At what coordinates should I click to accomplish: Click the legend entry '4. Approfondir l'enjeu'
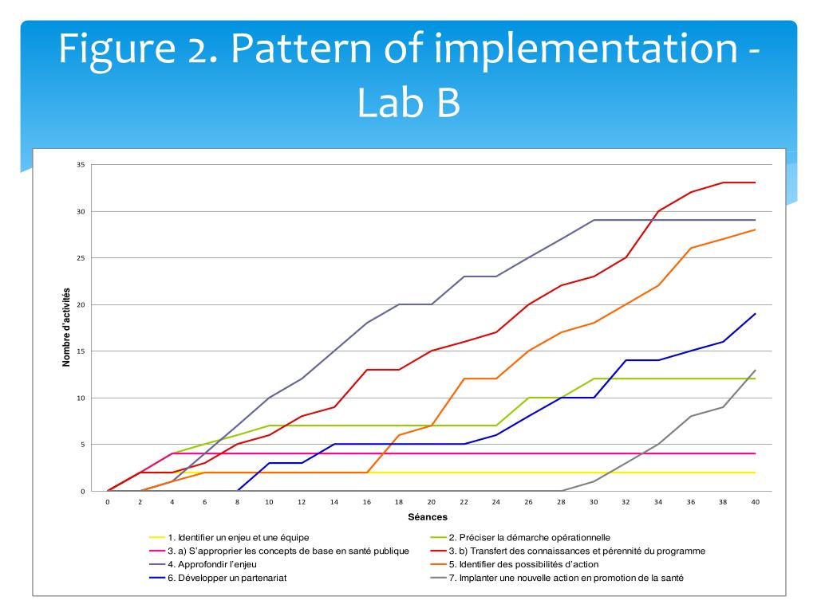(x=216, y=564)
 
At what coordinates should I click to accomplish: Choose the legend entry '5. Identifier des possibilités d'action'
(x=535, y=564)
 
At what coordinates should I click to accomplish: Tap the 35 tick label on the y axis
(x=80, y=165)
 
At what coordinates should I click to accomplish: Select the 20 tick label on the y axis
(x=80, y=304)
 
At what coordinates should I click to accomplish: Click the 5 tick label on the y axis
(x=81, y=445)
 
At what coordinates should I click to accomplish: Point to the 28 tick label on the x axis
(x=561, y=502)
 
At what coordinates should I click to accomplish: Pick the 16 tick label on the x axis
(x=366, y=502)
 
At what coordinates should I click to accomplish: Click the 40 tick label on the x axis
(x=755, y=502)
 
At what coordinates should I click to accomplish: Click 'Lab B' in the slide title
(x=408, y=104)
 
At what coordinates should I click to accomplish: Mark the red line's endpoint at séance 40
(x=755, y=182)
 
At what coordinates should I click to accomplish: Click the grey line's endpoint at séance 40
(x=755, y=370)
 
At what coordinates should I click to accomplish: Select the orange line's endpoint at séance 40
(x=755, y=229)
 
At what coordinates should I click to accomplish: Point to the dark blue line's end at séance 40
(x=755, y=314)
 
